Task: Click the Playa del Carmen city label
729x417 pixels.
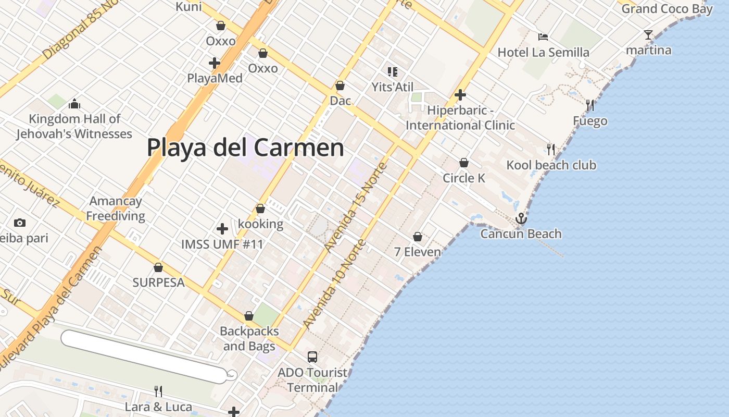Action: [245, 148]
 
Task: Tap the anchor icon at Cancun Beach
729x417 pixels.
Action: [521, 218]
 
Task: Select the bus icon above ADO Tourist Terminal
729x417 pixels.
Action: [312, 357]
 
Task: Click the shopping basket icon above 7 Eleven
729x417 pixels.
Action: [418, 237]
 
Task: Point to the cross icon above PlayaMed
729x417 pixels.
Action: [214, 63]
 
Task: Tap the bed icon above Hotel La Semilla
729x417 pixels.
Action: [543, 37]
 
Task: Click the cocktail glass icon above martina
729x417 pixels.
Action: [648, 35]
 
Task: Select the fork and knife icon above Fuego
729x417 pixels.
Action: [590, 105]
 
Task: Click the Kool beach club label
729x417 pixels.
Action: [551, 165]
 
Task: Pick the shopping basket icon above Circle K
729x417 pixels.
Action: [464, 163]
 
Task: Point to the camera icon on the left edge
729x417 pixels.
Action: [20, 223]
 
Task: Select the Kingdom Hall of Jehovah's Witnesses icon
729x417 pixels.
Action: [74, 104]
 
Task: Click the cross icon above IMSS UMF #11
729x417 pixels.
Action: [222, 228]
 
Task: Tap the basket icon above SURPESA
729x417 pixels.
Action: [158, 267]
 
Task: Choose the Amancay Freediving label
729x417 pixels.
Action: [116, 208]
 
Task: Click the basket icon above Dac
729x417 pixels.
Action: [340, 85]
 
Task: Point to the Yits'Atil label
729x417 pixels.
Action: [393, 87]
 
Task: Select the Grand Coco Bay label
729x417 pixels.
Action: [667, 9]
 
